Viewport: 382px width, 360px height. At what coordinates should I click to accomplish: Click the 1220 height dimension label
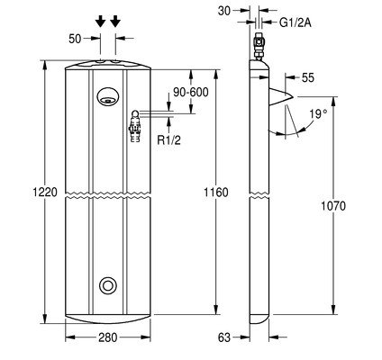[x=45, y=192]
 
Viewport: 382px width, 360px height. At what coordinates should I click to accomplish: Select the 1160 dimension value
[x=216, y=192]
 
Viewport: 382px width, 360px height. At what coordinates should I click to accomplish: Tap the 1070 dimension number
[x=333, y=206]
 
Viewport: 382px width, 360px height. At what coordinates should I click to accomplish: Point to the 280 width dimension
[x=108, y=337]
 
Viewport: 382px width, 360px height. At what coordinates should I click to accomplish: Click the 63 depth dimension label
[x=224, y=337]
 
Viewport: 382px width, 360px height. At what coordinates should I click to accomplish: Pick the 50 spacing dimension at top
[x=75, y=39]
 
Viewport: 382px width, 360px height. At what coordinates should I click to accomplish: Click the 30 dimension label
[x=224, y=11]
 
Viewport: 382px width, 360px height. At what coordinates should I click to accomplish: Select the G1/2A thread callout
[x=296, y=22]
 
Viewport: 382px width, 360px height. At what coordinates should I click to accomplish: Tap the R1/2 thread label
[x=169, y=140]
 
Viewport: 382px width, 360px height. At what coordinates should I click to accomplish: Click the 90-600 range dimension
[x=191, y=93]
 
